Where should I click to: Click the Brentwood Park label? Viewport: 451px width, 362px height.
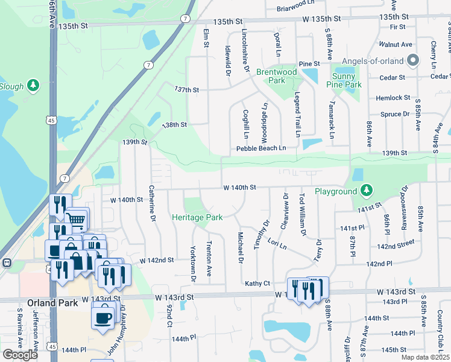(x=277, y=76)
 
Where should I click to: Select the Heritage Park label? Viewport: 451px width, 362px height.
(x=197, y=217)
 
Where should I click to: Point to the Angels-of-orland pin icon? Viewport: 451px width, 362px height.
(x=413, y=60)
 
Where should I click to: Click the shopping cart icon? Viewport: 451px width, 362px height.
(x=77, y=219)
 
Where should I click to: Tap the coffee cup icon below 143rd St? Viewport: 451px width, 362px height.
(x=102, y=316)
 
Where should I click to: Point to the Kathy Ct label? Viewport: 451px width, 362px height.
(x=256, y=283)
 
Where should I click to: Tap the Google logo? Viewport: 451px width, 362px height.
(x=19, y=355)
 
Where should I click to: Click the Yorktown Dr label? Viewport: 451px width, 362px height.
(x=194, y=263)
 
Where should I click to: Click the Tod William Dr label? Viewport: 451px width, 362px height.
(x=303, y=215)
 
